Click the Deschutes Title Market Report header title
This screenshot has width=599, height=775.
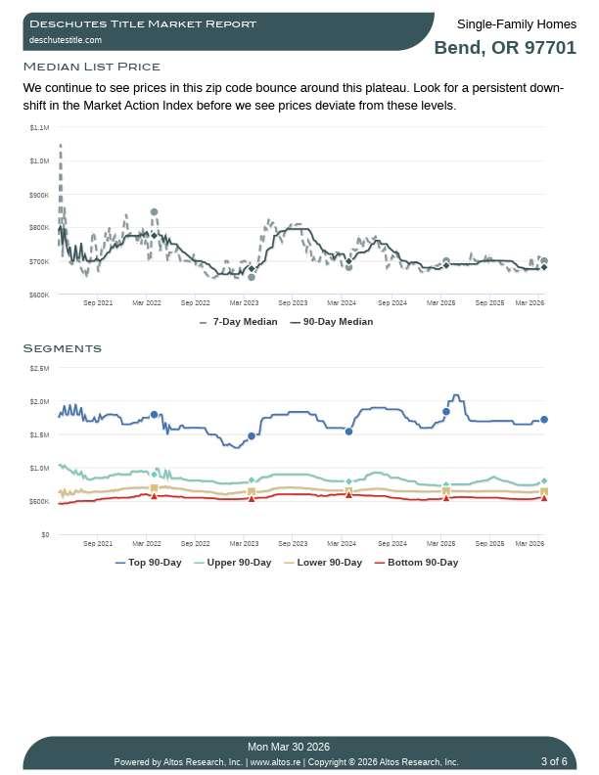143,23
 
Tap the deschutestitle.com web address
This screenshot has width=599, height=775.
66,40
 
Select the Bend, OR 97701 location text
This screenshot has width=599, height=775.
505,48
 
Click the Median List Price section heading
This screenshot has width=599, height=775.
91,67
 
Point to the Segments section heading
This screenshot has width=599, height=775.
62,348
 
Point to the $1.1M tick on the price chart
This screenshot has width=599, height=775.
39,127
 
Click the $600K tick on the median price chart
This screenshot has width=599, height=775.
39,295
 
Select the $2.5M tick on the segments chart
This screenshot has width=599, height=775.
39,368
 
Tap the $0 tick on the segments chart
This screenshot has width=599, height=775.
45,534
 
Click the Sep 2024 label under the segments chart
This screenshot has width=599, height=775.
392,543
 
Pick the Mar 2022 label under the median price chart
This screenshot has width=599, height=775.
147,303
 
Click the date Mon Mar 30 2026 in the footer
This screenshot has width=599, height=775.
289,747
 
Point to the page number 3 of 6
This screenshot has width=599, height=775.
554,761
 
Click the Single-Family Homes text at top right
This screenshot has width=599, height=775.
517,23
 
